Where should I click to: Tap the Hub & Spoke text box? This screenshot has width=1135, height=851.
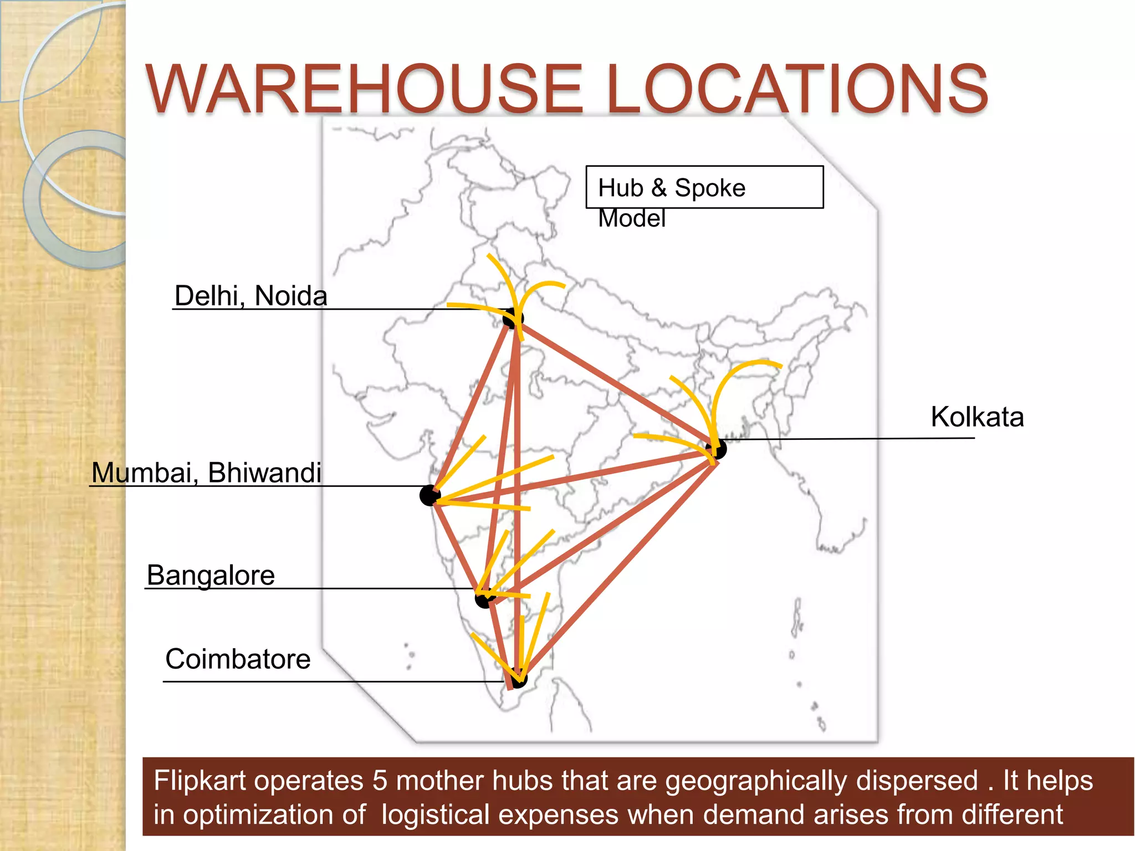pos(704,187)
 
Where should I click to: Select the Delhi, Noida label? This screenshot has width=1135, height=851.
pos(250,296)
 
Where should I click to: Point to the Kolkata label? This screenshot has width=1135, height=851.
pos(976,417)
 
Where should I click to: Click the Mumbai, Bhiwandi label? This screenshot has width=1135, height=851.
pos(206,473)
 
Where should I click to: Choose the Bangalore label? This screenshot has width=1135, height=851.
pos(211,575)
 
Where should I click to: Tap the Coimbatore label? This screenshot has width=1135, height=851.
pos(238,659)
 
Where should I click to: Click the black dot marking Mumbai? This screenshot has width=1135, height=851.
pos(430,495)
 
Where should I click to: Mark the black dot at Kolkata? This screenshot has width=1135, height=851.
pos(718,449)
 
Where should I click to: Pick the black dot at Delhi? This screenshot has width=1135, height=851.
pos(512,319)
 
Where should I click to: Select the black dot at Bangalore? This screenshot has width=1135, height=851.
pos(484,599)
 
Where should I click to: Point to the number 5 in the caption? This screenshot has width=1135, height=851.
pos(380,781)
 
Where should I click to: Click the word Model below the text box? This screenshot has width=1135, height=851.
pos(632,218)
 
